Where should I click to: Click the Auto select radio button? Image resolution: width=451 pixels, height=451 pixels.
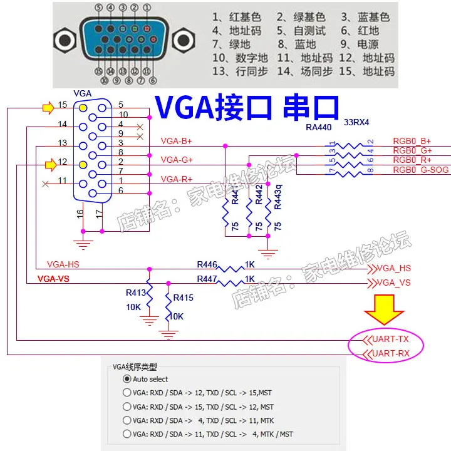(127, 379)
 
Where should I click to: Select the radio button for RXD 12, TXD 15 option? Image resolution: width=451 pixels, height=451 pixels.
(127, 393)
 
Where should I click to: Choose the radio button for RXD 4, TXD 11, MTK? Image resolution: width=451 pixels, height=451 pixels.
(127, 420)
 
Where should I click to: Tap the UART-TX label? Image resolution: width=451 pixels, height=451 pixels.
(390, 340)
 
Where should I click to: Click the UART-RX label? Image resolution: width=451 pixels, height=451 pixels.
(390, 354)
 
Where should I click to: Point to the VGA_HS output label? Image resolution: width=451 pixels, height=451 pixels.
(393, 268)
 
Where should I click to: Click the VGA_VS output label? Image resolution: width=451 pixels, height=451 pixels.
(393, 283)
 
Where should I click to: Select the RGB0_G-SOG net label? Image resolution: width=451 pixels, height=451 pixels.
(412, 169)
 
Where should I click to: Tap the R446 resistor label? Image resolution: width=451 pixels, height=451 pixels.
(207, 264)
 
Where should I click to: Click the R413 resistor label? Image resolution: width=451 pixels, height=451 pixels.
(136, 291)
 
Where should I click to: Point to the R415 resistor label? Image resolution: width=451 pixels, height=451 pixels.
(184, 298)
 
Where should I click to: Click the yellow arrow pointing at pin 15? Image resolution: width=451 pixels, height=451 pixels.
(48, 108)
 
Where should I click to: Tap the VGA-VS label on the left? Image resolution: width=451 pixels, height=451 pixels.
(53, 279)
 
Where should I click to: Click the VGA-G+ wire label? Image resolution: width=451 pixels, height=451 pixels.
(177, 160)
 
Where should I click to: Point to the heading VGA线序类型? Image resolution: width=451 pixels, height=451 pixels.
(135, 368)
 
